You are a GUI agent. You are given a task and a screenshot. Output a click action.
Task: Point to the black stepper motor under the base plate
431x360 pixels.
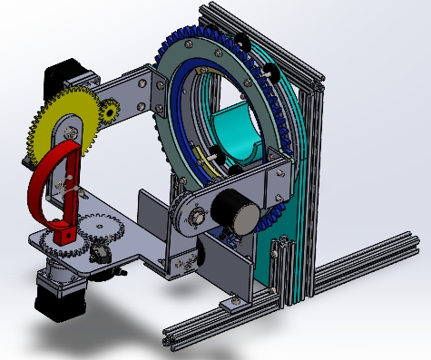click(56, 295)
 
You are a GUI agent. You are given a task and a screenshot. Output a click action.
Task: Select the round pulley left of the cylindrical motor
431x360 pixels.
click(193, 218)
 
